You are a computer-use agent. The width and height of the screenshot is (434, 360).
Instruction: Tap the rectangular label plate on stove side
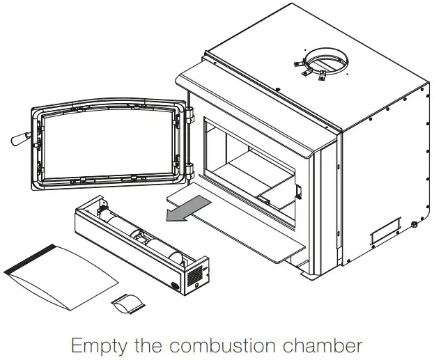pyautogui.click(x=385, y=230)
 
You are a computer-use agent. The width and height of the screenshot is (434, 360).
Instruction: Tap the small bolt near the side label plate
pyautogui.click(x=414, y=225)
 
